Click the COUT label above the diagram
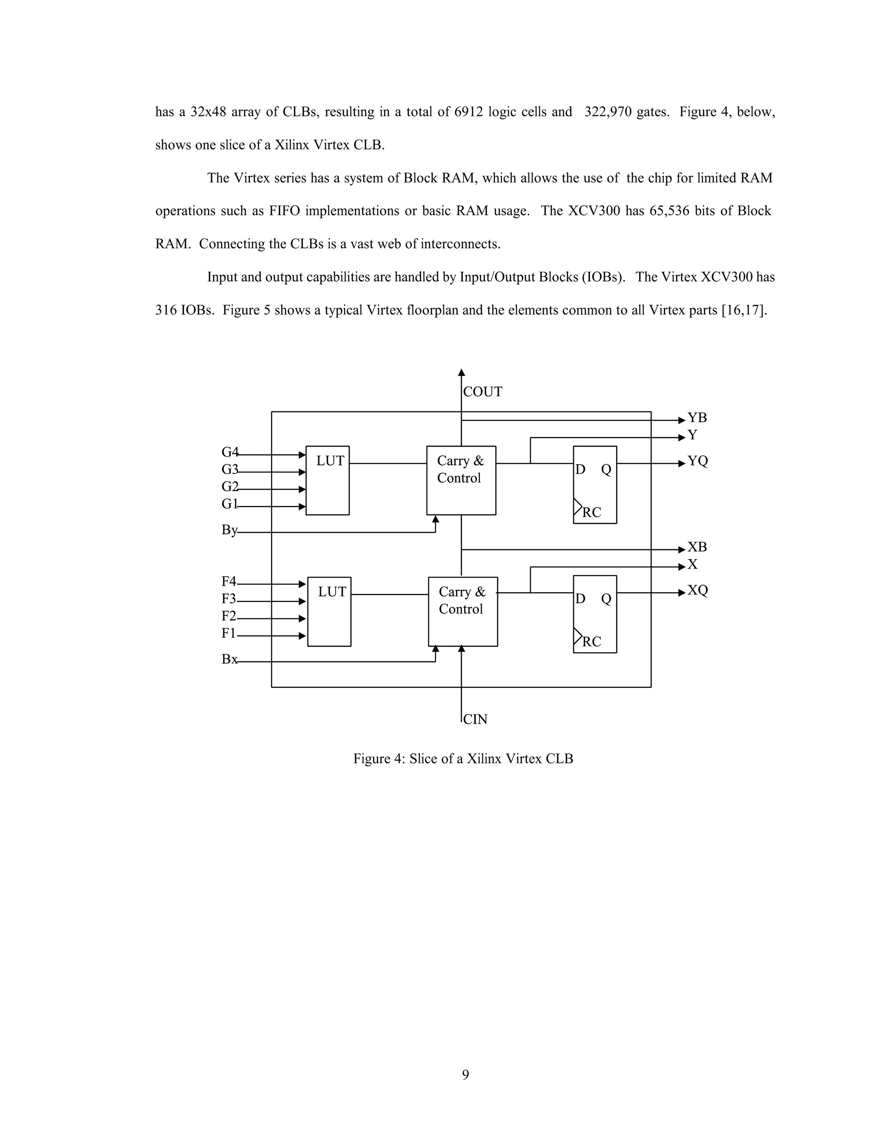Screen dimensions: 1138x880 point(482,392)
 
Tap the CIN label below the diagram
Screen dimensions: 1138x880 point(475,720)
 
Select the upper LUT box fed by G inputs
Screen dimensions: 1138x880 point(327,481)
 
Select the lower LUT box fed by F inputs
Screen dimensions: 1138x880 point(329,612)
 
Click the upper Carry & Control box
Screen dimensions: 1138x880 point(461,481)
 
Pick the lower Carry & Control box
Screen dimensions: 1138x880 point(462,612)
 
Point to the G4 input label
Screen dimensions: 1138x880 point(229,452)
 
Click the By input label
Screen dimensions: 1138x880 point(229,530)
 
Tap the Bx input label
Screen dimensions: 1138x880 point(229,659)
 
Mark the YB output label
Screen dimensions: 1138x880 point(697,418)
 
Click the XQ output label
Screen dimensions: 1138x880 point(697,590)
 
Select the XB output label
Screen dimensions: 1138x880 point(697,547)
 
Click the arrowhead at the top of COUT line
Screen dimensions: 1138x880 point(461,373)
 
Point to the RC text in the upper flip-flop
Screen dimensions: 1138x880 point(592,513)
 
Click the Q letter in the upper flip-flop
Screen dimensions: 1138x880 point(606,469)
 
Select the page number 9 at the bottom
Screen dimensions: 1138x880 point(465,1075)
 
